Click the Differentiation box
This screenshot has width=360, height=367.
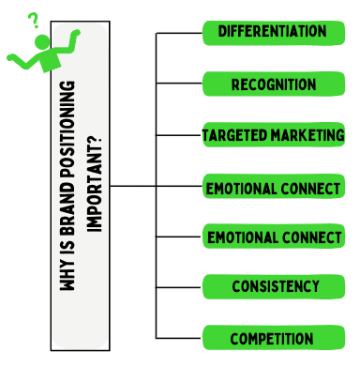pyautogui.click(x=272, y=32)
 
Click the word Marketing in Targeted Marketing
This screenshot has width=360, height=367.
pyautogui.click(x=307, y=135)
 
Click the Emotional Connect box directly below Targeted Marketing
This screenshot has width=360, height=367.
pyautogui.click(x=273, y=188)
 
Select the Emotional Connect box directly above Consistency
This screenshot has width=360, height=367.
pyautogui.click(x=273, y=237)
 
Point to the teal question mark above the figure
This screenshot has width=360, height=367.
pyautogui.click(x=34, y=20)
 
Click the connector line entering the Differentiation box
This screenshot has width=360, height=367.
pyautogui.click(x=179, y=33)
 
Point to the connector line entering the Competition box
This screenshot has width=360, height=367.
pyautogui.click(x=179, y=337)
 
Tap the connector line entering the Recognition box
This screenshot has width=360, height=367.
pyautogui.click(x=179, y=84)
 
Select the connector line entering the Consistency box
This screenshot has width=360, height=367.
pyautogui.click(x=179, y=285)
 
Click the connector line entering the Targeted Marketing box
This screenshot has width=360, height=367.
pyautogui.click(x=179, y=135)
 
